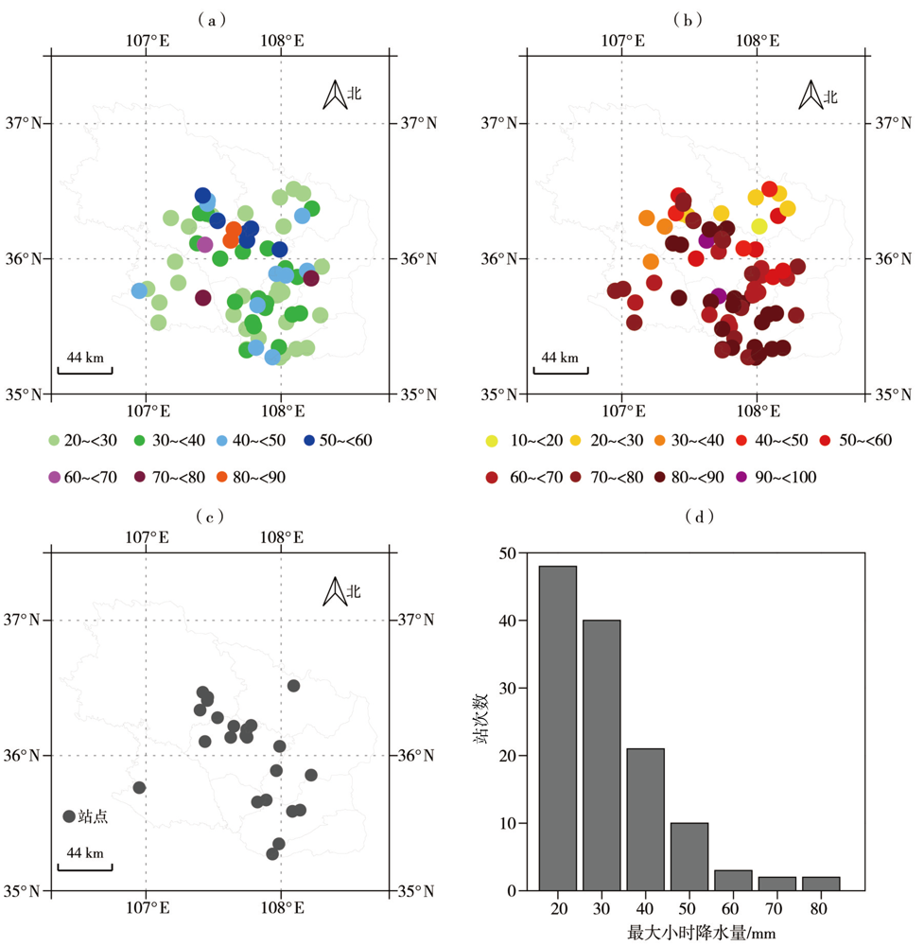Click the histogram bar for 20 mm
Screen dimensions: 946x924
click(x=556, y=728)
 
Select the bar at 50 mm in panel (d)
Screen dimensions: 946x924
click(x=689, y=856)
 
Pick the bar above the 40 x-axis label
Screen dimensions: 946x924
click(x=645, y=819)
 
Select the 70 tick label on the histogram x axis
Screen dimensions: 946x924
click(x=776, y=909)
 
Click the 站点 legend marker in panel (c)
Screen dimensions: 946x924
click(x=68, y=816)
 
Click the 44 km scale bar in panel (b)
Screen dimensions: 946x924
click(x=560, y=369)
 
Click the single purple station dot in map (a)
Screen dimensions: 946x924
click(x=204, y=245)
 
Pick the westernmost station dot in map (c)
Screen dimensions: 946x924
click(x=139, y=787)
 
